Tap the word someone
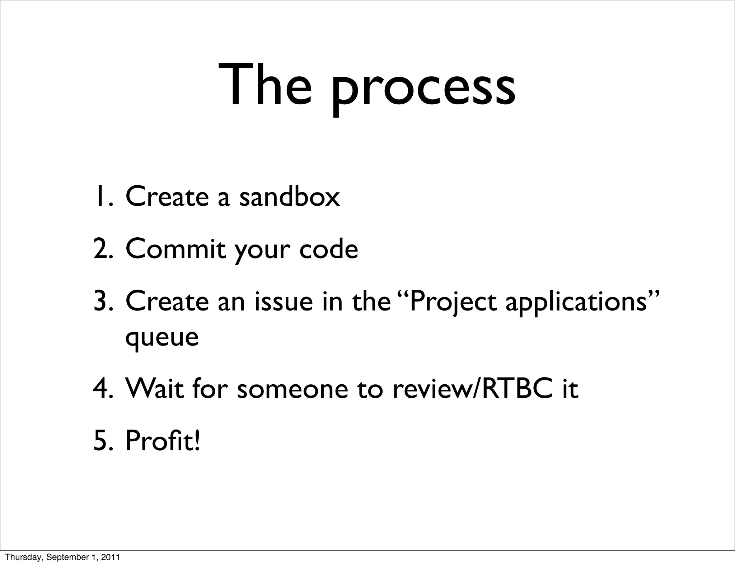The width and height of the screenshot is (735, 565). point(292,389)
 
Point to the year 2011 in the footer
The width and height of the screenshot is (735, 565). point(111,557)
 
